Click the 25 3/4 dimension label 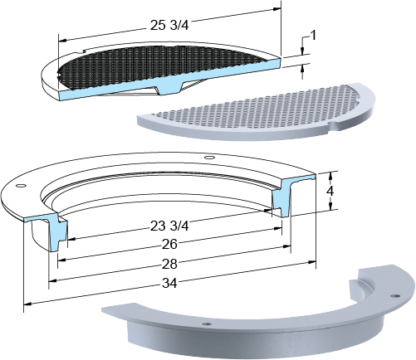[x=169, y=26]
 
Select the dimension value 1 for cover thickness [x=313, y=36]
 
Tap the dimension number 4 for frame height [x=330, y=191]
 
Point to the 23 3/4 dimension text [x=169, y=226]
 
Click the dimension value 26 [x=169, y=245]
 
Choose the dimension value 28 [x=169, y=264]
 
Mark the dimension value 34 [x=169, y=283]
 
